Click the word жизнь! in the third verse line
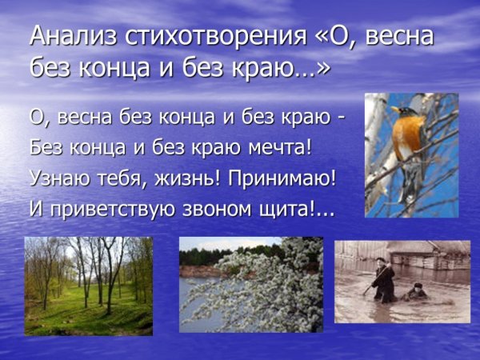190,178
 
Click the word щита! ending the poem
310,209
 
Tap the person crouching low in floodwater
414,292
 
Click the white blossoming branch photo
250,283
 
